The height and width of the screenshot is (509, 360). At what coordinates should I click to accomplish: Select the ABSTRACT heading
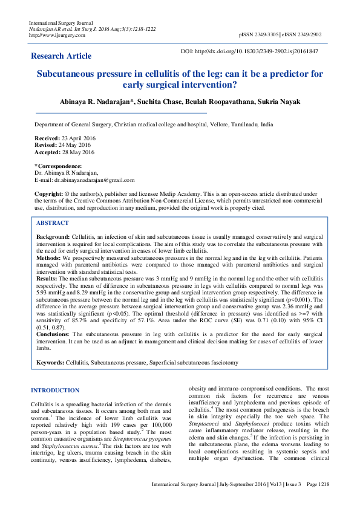(x=53, y=223)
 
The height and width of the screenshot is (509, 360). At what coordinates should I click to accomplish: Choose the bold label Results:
(x=47, y=277)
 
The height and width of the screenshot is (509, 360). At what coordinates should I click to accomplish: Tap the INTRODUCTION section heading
(x=55, y=391)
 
